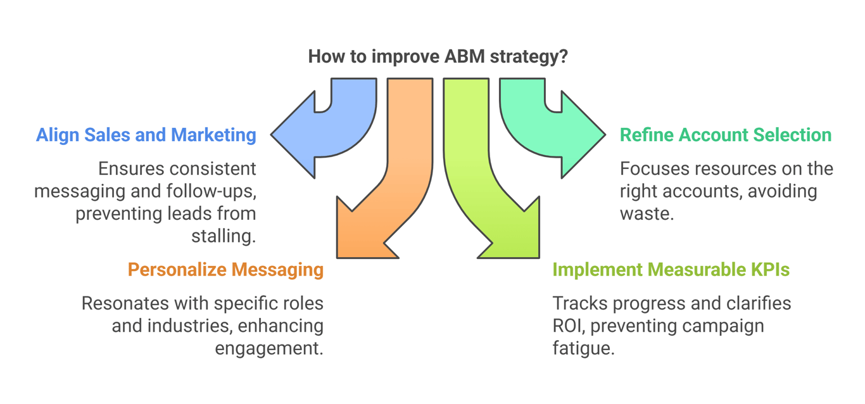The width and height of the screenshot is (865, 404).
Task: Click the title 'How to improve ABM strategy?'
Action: coord(438,56)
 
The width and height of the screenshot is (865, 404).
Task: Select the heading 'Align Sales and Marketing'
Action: coord(146,135)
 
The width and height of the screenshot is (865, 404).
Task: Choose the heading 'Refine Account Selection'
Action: coord(726,135)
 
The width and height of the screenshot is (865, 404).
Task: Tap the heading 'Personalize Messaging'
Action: coord(225,270)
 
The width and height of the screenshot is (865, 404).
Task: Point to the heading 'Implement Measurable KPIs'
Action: coord(671,270)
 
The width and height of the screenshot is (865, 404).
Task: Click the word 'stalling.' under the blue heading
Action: coord(224,236)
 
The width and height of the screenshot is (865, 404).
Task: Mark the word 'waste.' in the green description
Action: coord(647,213)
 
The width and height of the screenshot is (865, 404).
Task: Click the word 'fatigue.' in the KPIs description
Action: coord(583,348)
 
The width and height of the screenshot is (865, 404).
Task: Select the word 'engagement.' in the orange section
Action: coord(268,348)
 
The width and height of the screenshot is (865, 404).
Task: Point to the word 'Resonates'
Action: coord(125,303)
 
